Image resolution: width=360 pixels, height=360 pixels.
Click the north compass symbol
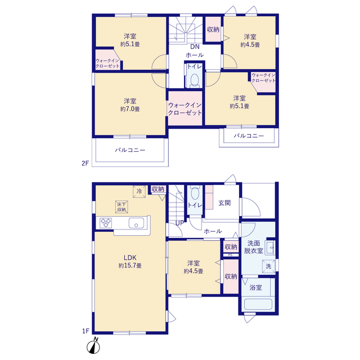tap(93, 346)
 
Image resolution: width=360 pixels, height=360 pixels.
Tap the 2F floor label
tap(85, 163)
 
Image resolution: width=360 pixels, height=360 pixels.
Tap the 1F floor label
tap(85, 331)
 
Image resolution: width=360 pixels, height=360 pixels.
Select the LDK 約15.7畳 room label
tap(130, 262)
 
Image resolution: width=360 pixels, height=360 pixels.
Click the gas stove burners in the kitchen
tap(106, 223)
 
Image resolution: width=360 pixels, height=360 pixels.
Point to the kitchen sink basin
tap(136, 223)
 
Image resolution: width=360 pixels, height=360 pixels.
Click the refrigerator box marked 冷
tap(139, 191)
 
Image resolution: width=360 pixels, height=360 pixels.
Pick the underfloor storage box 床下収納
tap(121, 207)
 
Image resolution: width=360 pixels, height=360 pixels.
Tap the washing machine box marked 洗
tap(269, 266)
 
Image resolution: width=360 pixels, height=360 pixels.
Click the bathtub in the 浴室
tap(258, 304)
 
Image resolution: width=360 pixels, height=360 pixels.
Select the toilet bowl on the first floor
tap(195, 193)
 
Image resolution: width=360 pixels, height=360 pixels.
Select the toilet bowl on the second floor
tap(195, 80)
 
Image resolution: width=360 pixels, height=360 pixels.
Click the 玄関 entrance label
tap(224, 203)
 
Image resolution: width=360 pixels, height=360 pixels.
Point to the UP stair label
tap(179, 223)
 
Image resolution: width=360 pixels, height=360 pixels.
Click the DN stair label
tap(195, 47)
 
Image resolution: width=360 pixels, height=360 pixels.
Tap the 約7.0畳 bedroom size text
tap(130, 109)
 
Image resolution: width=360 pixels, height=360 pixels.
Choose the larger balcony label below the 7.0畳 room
tap(130, 150)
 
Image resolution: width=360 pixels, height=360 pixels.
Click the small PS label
tap(230, 255)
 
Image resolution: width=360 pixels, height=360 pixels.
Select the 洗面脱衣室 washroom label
tap(254, 247)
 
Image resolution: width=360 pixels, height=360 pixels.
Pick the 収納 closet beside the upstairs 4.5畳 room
tap(213, 30)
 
